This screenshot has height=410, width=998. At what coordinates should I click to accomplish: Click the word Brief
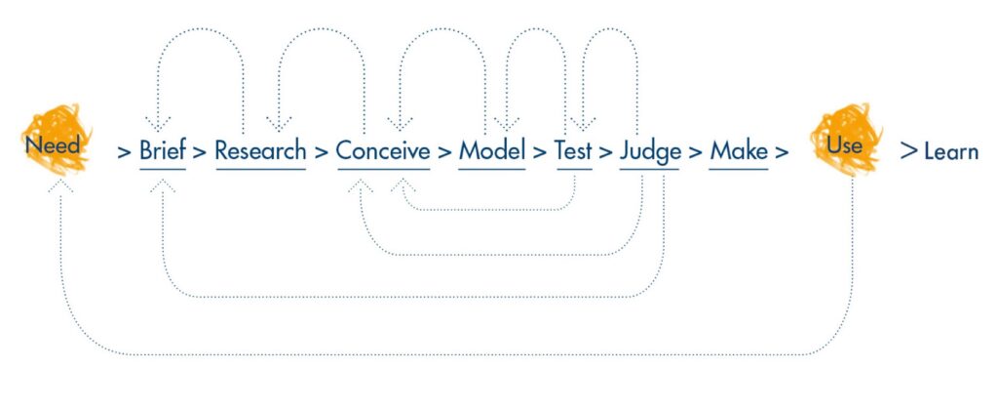(x=162, y=151)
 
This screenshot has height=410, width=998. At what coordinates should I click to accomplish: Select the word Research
(x=260, y=151)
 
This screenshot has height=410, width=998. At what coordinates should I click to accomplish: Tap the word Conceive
(x=383, y=151)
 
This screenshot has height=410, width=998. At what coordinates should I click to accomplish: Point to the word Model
(x=491, y=151)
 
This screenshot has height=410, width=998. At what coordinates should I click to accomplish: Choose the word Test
(x=573, y=151)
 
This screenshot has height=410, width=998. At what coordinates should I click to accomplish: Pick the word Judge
(x=650, y=152)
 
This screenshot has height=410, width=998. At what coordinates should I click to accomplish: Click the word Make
(x=738, y=151)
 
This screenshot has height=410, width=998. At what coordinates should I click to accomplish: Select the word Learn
(x=950, y=152)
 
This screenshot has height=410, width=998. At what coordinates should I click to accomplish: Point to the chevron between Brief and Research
(x=199, y=152)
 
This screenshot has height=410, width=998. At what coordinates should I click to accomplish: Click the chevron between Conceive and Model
(x=444, y=152)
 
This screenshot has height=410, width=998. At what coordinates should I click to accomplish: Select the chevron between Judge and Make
(x=695, y=152)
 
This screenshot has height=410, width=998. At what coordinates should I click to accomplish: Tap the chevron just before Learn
(x=908, y=152)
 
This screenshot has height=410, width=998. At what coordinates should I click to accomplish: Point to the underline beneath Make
(x=738, y=170)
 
